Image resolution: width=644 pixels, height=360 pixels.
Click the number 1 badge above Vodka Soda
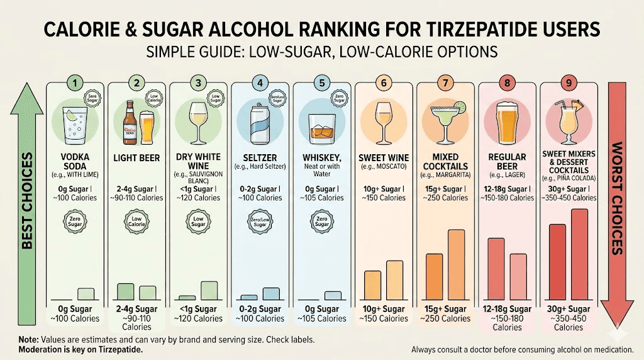tap(75, 82)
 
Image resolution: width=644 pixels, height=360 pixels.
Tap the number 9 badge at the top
tap(568, 82)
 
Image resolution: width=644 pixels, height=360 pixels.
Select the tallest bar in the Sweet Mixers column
tap(579, 254)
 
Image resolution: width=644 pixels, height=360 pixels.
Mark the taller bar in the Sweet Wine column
tap(394, 280)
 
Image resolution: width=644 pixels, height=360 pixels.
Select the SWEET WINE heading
tap(384, 158)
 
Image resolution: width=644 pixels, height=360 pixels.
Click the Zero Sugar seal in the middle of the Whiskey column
tap(322, 222)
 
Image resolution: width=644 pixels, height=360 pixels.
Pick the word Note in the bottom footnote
tap(29, 339)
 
